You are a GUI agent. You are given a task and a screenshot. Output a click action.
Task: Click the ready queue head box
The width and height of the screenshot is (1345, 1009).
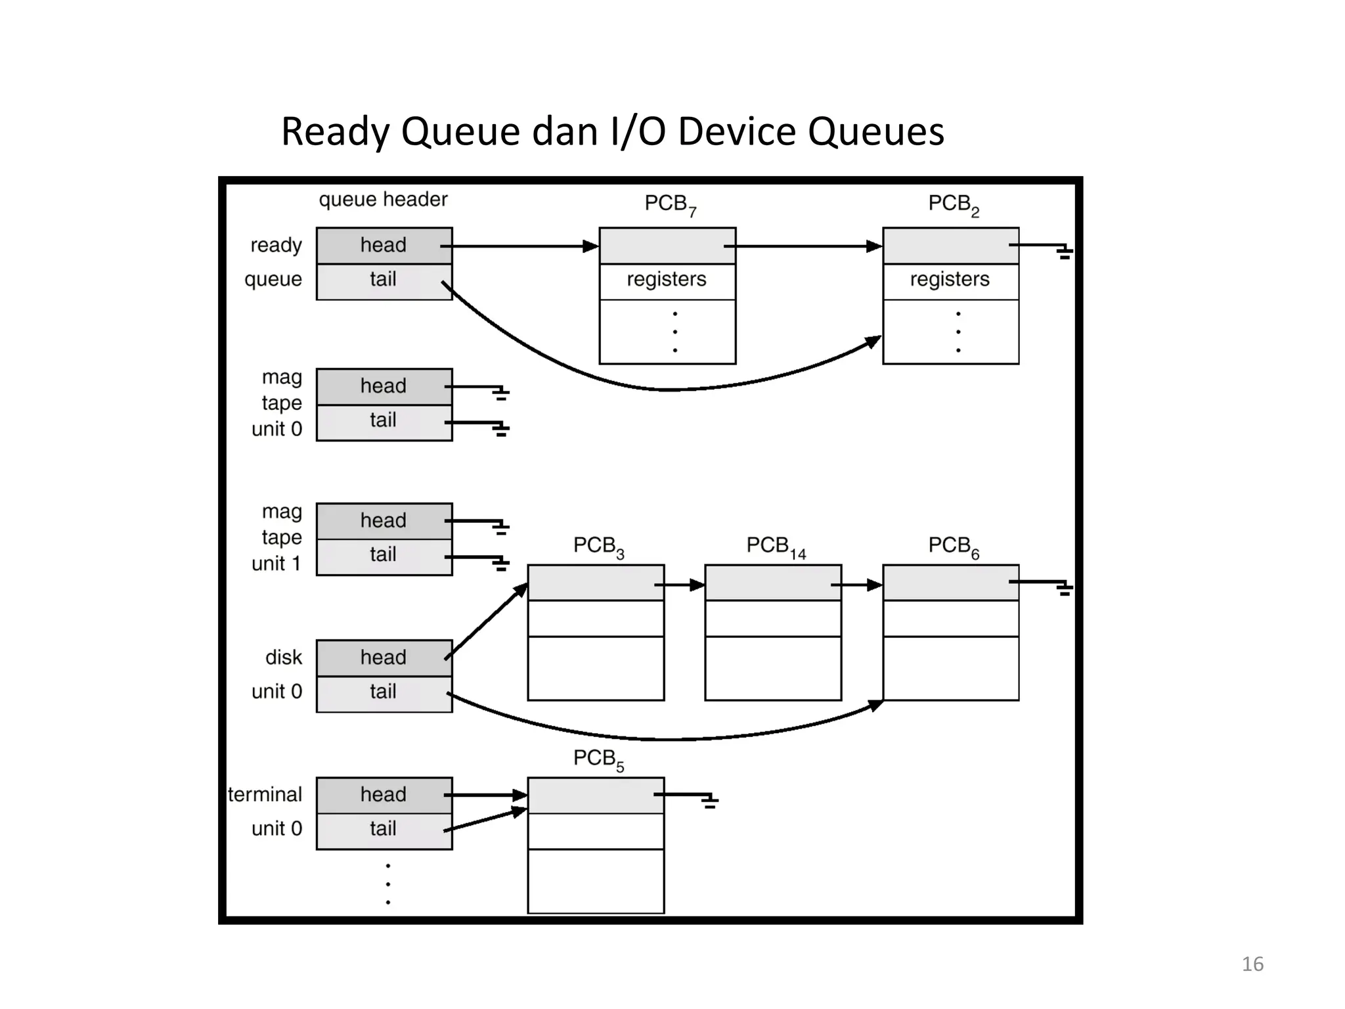coord(384,246)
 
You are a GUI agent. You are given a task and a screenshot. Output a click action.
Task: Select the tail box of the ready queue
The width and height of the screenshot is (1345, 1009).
coord(384,281)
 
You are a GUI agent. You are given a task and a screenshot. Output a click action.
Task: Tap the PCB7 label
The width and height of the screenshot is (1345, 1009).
coord(669,204)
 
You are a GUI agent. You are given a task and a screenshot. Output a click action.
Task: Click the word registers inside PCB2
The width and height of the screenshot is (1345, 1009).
coord(949,280)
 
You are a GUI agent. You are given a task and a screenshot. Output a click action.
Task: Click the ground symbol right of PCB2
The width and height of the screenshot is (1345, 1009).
coord(1064,252)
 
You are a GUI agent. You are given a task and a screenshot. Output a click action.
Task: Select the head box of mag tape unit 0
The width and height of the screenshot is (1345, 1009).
coord(384,386)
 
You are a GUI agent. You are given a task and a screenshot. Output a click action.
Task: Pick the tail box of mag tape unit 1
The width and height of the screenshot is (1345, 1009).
coord(384,556)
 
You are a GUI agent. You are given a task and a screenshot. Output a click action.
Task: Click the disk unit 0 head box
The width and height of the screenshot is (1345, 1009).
coord(384,658)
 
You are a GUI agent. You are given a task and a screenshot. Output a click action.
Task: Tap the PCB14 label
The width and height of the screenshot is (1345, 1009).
coord(775,547)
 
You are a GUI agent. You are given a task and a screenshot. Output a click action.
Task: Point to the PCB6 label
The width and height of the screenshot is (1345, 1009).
coord(953,547)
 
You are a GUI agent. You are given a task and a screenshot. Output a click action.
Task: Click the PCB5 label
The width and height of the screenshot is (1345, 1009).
coord(598,759)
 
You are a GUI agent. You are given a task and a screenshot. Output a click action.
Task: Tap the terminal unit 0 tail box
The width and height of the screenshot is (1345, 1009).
coord(384,830)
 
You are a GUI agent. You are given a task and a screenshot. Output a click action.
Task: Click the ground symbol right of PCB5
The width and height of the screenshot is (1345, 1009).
coord(709,801)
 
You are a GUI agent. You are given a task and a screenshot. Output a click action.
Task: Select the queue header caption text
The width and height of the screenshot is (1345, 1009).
coord(383,200)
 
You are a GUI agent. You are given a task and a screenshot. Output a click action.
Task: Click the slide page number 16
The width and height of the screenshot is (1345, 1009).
coord(1252,964)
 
